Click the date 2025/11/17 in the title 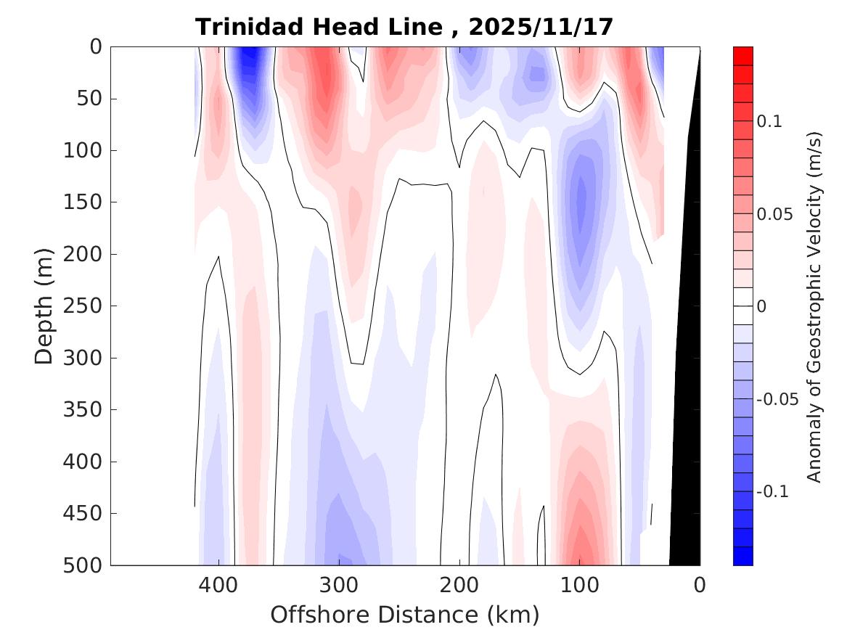coord(541,28)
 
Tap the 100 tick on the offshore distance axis coord(579,584)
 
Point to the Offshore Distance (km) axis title coord(405,615)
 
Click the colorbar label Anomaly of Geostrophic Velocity coord(814,306)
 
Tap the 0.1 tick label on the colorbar coord(769,122)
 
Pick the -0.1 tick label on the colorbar coord(773,492)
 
